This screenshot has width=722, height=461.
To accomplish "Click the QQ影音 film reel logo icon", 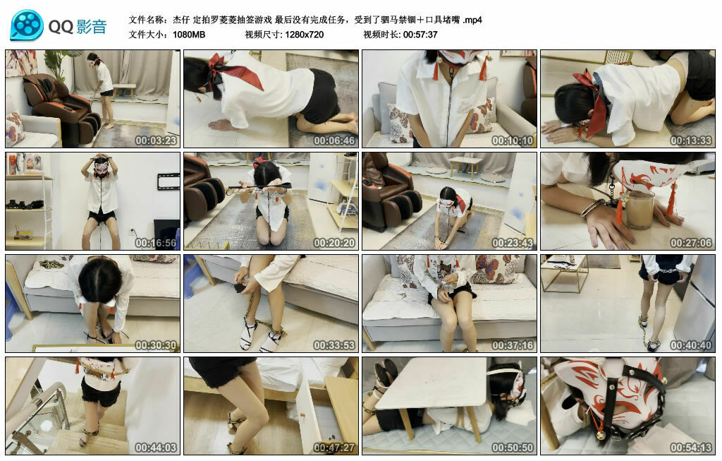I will [x=27, y=26].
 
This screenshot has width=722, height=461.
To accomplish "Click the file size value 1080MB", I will [x=189, y=35].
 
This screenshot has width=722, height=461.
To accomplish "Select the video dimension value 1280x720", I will [x=305, y=35].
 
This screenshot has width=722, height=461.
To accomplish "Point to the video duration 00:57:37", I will [x=420, y=35].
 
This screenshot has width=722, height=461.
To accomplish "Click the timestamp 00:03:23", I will [x=157, y=140].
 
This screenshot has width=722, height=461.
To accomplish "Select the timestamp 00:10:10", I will [x=513, y=140].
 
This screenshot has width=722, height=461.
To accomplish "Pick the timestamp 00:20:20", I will [x=335, y=243].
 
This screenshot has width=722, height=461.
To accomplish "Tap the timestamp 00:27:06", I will [x=691, y=243].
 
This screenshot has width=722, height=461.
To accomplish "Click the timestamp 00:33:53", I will [x=335, y=345].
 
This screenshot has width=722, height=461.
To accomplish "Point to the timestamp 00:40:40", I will [x=691, y=345].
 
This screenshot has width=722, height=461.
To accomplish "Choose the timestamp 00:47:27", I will [x=335, y=448].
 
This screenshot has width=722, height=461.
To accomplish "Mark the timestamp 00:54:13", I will [x=691, y=448].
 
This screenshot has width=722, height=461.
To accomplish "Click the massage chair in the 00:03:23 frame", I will [x=60, y=106].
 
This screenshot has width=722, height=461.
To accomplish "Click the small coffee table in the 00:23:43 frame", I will [x=466, y=167].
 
